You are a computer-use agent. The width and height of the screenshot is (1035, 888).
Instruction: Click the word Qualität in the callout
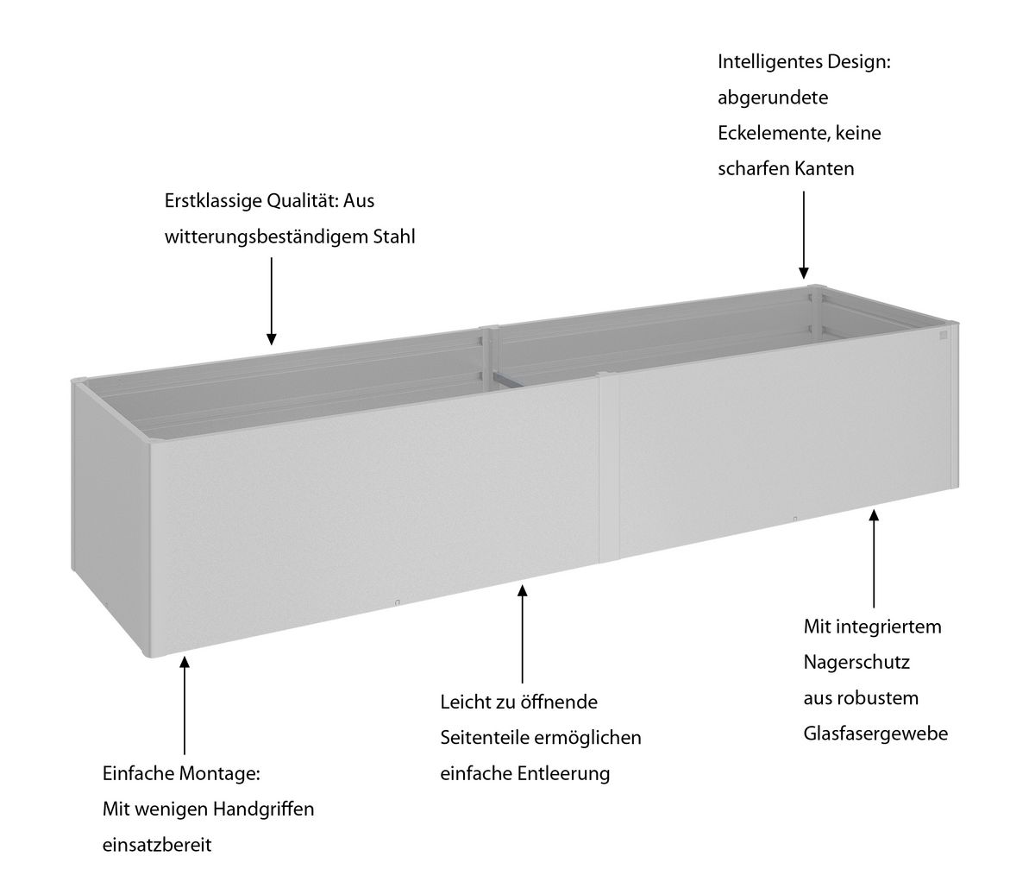click(303, 201)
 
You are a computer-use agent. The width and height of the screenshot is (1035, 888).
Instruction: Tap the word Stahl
click(394, 236)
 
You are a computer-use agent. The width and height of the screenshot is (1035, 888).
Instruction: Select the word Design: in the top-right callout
click(859, 63)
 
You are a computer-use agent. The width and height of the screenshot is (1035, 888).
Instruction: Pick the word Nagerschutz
click(856, 663)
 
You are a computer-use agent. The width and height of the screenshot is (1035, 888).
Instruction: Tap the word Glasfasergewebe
click(875, 734)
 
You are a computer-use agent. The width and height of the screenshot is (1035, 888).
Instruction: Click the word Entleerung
click(564, 773)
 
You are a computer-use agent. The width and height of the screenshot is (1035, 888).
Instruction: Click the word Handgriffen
click(263, 809)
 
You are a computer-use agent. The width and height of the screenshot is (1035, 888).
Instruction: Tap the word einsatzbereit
click(157, 845)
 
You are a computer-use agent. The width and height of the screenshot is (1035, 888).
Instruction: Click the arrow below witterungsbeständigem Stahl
click(272, 301)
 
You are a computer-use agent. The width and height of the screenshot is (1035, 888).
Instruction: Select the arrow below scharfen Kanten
click(804, 235)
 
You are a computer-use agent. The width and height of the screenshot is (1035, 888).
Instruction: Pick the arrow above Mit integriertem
click(874, 558)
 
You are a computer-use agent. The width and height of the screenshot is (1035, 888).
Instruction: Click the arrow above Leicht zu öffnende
click(523, 634)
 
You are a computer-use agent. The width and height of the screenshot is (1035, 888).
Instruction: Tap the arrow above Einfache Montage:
click(185, 706)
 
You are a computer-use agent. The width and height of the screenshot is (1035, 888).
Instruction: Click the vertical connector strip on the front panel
click(609, 468)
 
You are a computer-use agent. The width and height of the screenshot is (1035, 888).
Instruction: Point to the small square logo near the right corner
click(944, 335)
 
